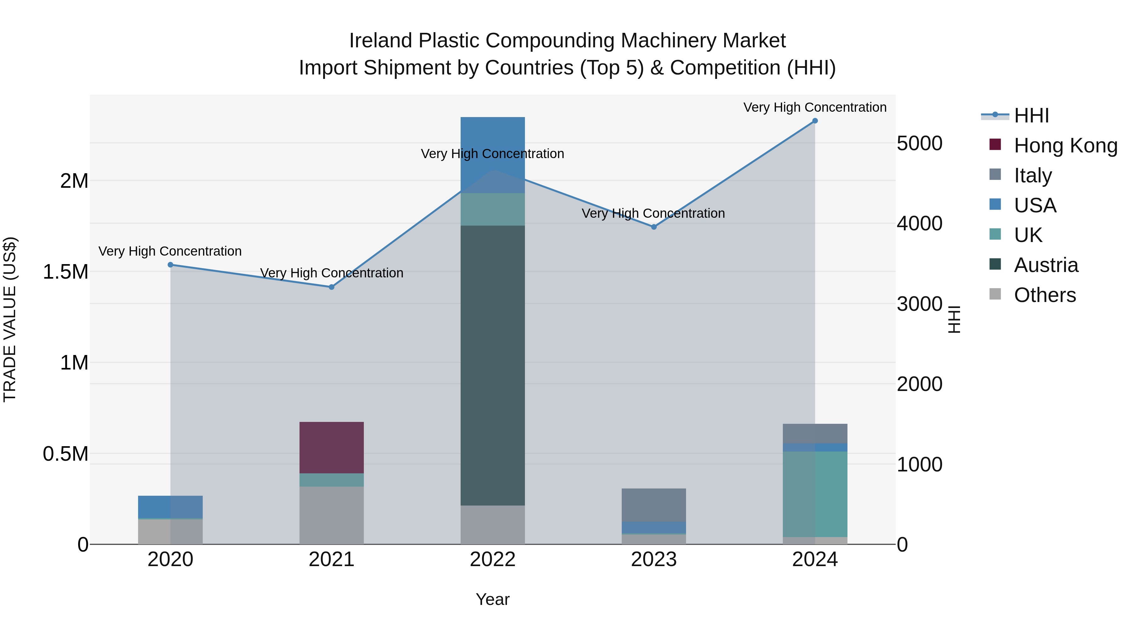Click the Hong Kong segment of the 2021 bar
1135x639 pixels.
(331, 447)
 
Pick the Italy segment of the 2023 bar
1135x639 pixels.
(654, 505)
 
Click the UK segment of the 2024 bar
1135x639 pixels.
(815, 494)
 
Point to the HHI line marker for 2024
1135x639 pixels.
(815, 121)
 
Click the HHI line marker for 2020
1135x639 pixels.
(171, 265)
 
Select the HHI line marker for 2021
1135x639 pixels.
(331, 287)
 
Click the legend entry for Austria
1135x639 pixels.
(1045, 265)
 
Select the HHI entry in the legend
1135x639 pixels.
(1031, 115)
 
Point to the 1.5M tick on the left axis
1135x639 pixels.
(65, 272)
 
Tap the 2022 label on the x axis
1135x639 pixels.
(492, 559)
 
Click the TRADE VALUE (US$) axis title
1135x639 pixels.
(10, 319)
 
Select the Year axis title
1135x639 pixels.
(492, 599)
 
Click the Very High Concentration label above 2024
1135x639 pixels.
(815, 107)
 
